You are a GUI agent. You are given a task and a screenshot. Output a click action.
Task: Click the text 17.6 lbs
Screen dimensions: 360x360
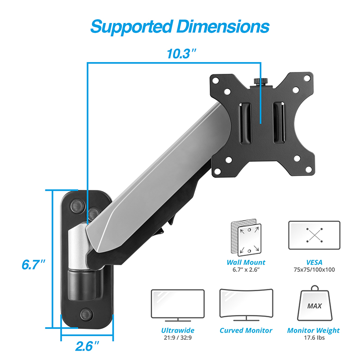(x=313, y=338)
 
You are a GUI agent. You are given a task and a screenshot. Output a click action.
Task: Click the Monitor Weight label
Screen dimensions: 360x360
(x=313, y=330)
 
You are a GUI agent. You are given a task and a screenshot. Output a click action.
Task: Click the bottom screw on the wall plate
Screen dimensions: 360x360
(x=85, y=314)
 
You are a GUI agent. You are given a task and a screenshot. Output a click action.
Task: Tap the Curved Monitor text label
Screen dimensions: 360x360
(x=246, y=330)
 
